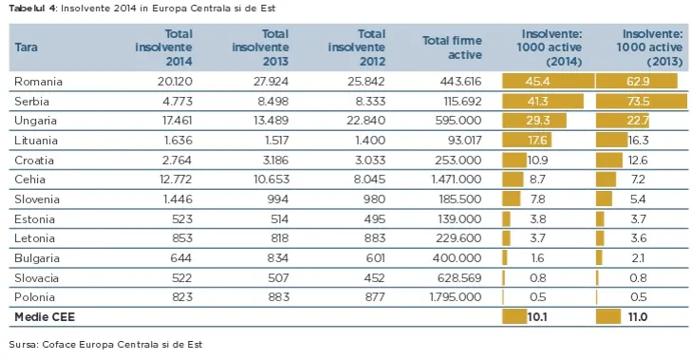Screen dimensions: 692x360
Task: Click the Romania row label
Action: tap(38, 82)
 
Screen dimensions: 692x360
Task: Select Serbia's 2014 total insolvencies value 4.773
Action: tap(178, 102)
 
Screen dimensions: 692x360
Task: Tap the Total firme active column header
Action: tap(452, 47)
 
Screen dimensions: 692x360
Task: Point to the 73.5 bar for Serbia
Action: tap(642, 101)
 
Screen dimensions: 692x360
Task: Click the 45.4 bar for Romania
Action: tap(549, 82)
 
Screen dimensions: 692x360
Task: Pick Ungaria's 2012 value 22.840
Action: tap(365, 121)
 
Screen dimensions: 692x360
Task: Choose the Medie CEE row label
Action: tap(45, 317)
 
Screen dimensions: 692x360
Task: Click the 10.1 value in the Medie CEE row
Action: tap(537, 317)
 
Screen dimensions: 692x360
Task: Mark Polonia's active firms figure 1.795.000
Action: tap(456, 297)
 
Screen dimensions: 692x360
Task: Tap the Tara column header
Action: tap(26, 47)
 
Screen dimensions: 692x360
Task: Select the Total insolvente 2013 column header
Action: tap(260, 47)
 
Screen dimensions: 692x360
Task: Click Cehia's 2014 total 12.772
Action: tap(176, 180)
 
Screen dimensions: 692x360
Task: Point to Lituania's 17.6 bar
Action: tap(527, 141)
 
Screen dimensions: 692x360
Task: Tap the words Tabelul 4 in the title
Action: tap(32, 9)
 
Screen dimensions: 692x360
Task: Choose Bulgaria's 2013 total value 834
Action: tap(277, 258)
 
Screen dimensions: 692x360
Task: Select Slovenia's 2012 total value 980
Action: tap(374, 199)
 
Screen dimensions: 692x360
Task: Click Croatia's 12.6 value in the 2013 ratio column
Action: tap(638, 160)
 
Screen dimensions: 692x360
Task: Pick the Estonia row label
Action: tap(34, 219)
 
